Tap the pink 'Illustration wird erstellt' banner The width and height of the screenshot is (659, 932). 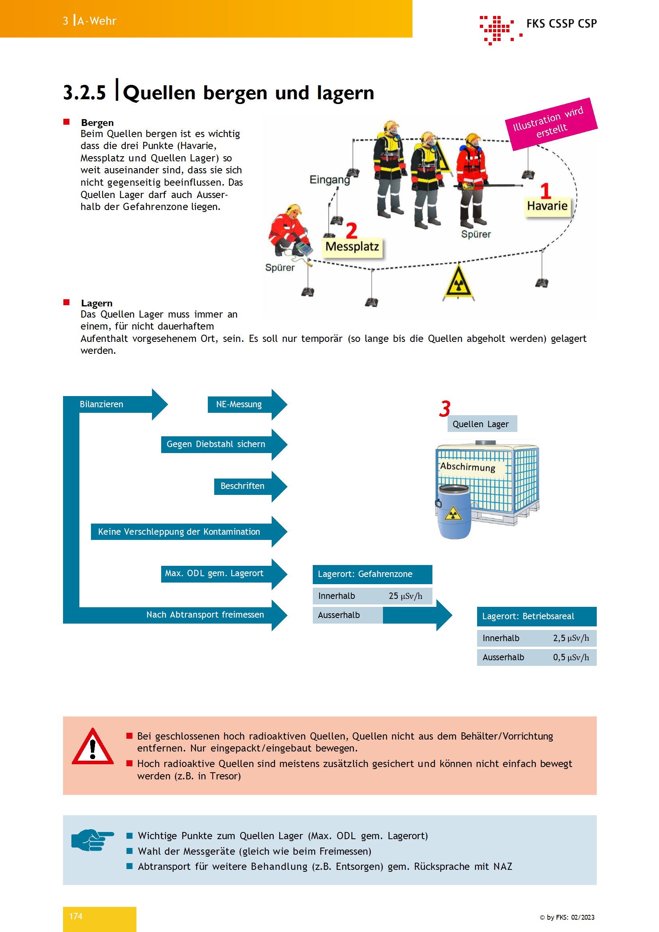pyautogui.click(x=551, y=124)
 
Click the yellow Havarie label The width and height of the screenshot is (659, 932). pyautogui.click(x=547, y=206)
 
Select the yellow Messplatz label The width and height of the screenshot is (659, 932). pyautogui.click(x=352, y=247)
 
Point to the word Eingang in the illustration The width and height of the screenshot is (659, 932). pyautogui.click(x=329, y=179)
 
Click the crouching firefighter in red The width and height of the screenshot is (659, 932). pyautogui.click(x=289, y=230)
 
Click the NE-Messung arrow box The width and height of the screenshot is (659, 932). pyautogui.click(x=247, y=404)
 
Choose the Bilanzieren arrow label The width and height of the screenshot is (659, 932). pyautogui.click(x=101, y=404)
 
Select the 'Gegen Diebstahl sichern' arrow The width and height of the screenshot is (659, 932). pyautogui.click(x=224, y=444)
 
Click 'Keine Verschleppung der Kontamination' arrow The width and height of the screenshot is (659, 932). pyautogui.click(x=189, y=532)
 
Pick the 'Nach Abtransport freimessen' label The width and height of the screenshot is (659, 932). pyautogui.click(x=205, y=614)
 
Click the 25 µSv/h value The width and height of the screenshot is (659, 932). pyautogui.click(x=405, y=596)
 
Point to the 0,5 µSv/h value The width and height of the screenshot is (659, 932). pyautogui.click(x=570, y=657)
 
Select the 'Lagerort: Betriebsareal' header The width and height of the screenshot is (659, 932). pyautogui.click(x=536, y=616)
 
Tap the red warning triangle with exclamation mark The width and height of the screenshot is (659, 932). pyautogui.click(x=93, y=746)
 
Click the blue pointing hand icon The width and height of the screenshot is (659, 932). pyautogui.click(x=92, y=840)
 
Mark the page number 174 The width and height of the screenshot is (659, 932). pyautogui.click(x=75, y=916)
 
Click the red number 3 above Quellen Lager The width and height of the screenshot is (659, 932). pyautogui.click(x=445, y=409)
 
